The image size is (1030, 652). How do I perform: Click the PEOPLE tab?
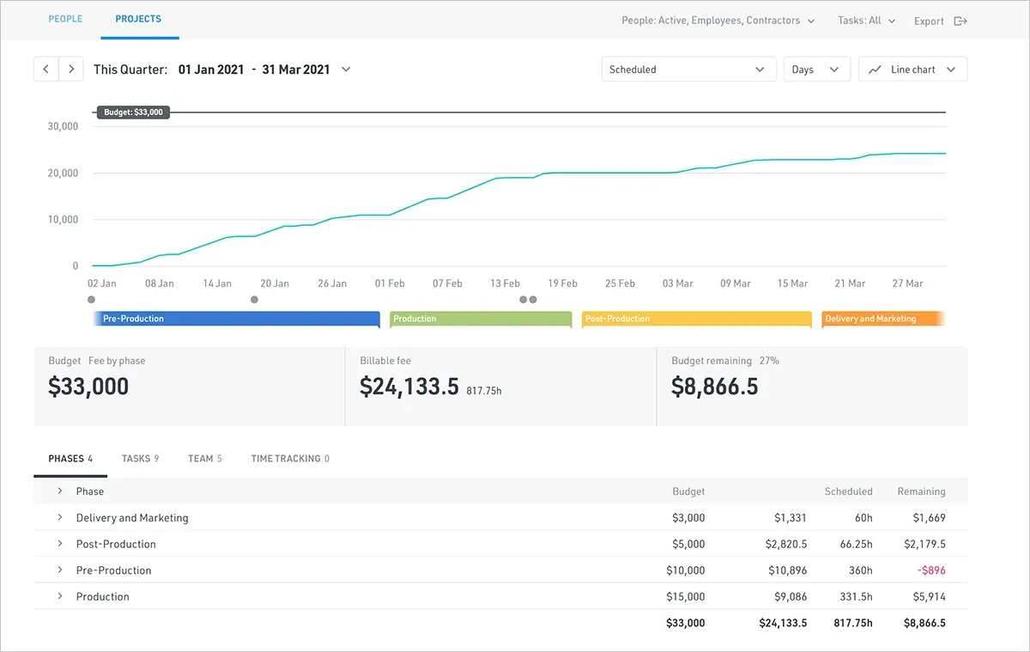(x=65, y=19)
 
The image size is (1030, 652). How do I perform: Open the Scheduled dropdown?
(x=688, y=69)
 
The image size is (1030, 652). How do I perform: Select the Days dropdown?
(x=816, y=69)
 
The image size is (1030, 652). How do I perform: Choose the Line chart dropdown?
(x=912, y=69)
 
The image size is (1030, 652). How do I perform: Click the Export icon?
(x=960, y=21)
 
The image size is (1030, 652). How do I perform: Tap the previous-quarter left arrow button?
(x=46, y=69)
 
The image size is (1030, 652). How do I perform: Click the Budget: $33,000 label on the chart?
(x=133, y=113)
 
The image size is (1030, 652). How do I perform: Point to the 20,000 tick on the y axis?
(x=63, y=173)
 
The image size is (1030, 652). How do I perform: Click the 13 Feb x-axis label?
(x=505, y=283)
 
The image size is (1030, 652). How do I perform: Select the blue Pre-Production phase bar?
(x=236, y=319)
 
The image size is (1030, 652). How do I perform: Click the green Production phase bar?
(x=481, y=319)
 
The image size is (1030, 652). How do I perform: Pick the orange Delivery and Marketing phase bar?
(x=883, y=319)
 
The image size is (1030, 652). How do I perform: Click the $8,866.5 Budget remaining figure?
(x=714, y=386)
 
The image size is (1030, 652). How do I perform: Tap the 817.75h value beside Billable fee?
(x=484, y=391)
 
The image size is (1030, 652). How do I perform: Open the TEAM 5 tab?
(x=204, y=459)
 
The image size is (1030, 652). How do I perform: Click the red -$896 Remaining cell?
(x=931, y=570)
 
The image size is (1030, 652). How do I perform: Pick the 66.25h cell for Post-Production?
(x=857, y=545)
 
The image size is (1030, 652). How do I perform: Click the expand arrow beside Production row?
(x=60, y=596)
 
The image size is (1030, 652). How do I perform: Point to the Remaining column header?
(x=922, y=491)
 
